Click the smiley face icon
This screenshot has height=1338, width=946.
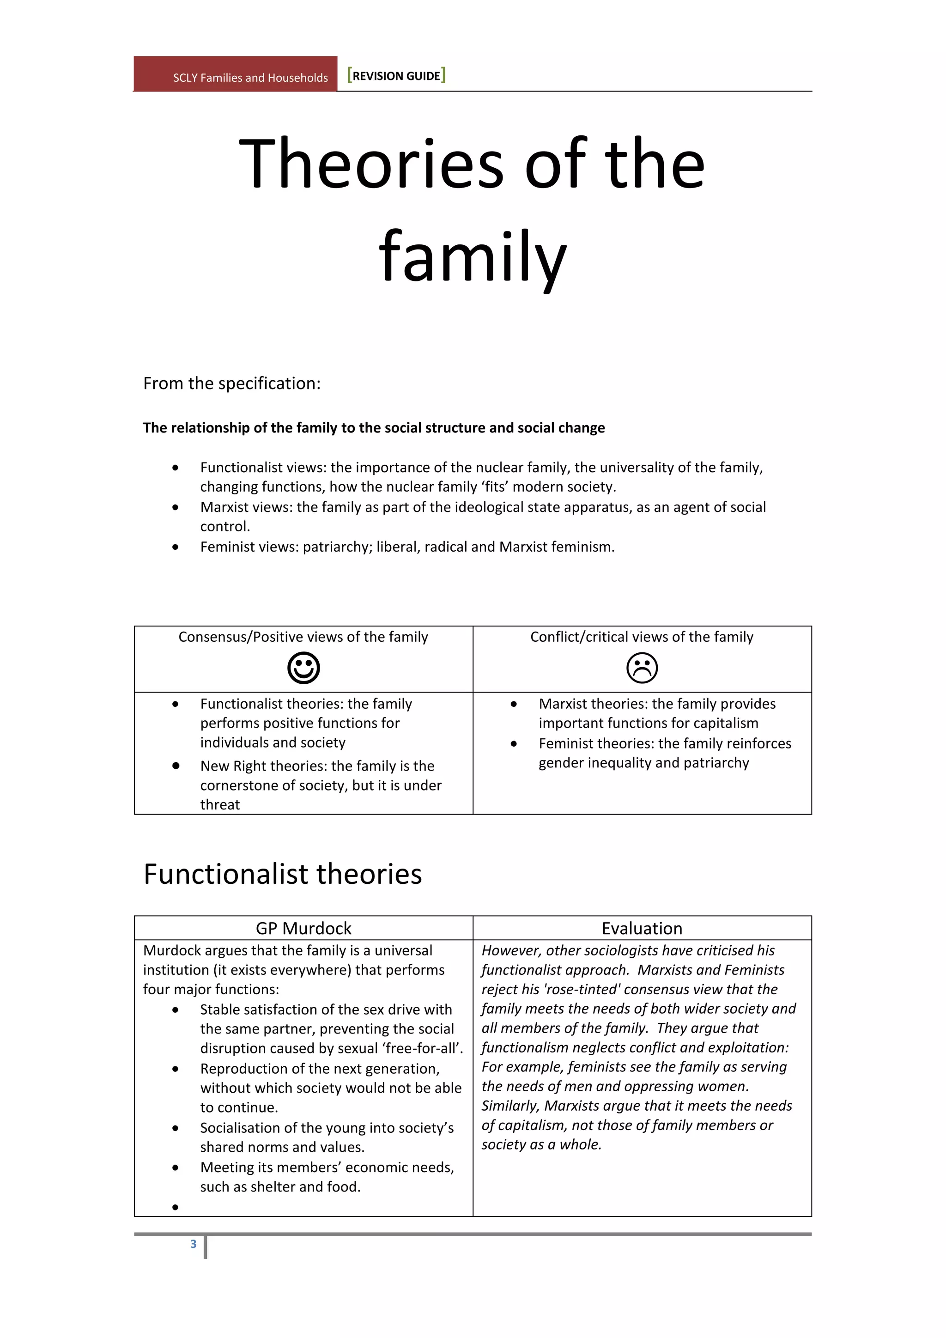tap(303, 667)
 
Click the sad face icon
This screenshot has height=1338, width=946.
tap(642, 667)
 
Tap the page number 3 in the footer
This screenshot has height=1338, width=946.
tap(194, 1244)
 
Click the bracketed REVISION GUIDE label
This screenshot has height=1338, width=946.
tap(397, 76)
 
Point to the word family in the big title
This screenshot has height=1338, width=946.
tap(473, 258)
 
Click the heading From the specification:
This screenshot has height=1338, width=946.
tap(232, 383)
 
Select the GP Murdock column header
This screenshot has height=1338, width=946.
tap(303, 928)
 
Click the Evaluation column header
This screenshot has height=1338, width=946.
tap(642, 928)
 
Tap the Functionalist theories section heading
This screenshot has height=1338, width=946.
tap(283, 874)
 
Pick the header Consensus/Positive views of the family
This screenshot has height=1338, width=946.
tap(303, 637)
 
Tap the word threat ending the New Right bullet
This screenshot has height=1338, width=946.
tap(220, 805)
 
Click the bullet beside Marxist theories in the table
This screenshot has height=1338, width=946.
tap(514, 704)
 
